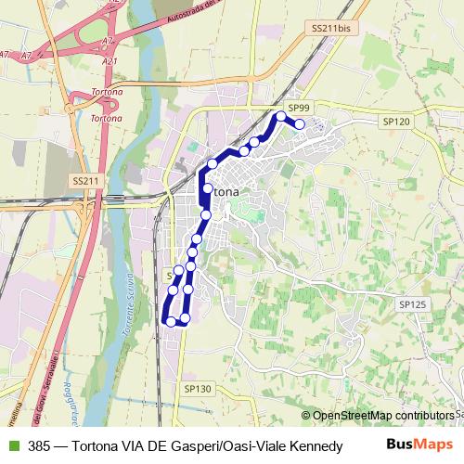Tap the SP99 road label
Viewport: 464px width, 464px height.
[298, 108]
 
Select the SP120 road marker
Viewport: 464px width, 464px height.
[395, 121]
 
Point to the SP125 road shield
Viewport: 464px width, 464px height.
[412, 303]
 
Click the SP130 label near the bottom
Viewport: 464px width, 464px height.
[198, 388]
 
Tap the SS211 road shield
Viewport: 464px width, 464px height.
[84, 180]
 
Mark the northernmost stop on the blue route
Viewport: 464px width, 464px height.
[280, 116]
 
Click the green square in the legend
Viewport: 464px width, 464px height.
[12, 445]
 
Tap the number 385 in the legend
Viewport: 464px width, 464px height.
[39, 445]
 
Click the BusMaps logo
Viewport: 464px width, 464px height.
[419, 445]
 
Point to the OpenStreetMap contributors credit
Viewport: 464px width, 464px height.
[380, 415]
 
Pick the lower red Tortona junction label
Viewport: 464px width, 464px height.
[109, 118]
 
